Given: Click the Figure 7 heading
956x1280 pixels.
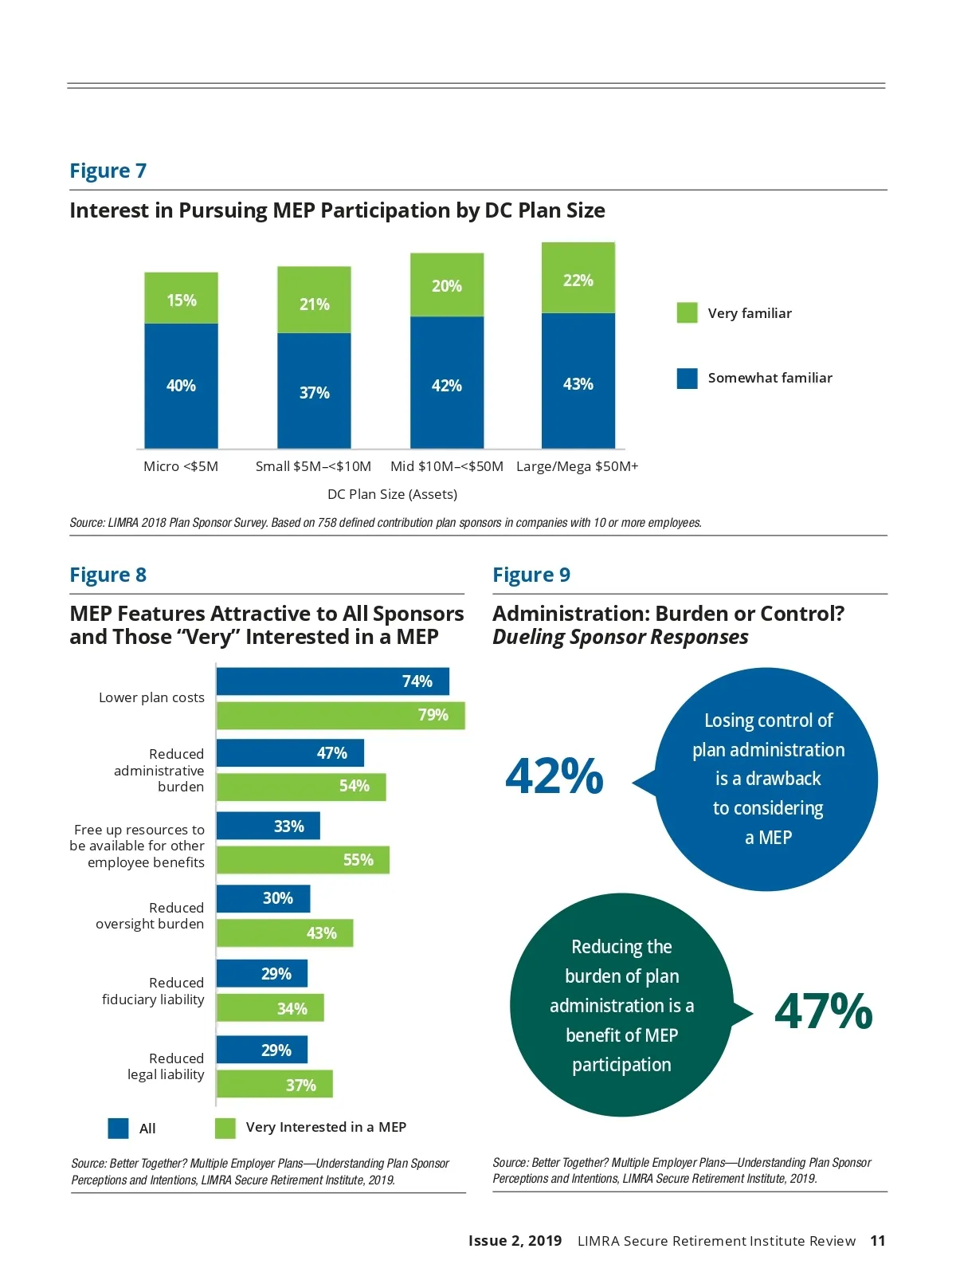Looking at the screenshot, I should (x=108, y=171).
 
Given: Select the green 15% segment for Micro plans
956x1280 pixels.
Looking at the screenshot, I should (x=181, y=298).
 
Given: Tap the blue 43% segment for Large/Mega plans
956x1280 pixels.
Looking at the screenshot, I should (x=578, y=381).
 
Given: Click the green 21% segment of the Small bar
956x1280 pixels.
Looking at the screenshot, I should (x=314, y=300).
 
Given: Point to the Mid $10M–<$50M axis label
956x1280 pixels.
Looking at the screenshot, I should (x=446, y=466).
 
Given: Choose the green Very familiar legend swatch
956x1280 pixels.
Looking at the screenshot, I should (x=687, y=313).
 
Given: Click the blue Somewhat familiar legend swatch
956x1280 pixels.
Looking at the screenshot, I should (x=687, y=379).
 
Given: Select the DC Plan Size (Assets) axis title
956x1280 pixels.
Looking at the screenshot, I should (x=392, y=494).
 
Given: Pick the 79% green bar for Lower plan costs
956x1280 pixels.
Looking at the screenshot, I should (x=340, y=716).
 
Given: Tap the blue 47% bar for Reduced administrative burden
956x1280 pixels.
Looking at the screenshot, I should (x=290, y=753).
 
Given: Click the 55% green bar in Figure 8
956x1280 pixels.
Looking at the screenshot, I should (x=303, y=860).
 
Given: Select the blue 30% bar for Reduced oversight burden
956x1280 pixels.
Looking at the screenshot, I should (x=263, y=898).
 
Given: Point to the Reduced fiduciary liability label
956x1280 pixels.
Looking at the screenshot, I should (x=153, y=991).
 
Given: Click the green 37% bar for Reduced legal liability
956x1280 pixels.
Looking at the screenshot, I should (x=274, y=1085).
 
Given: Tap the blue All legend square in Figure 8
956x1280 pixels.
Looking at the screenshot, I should (x=118, y=1129).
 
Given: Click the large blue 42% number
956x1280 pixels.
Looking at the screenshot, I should (x=554, y=776).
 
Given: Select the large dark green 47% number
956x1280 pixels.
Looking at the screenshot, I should (x=823, y=1011).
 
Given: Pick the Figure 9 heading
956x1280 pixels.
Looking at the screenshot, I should (x=531, y=575).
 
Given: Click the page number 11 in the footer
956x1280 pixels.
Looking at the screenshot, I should (x=877, y=1241).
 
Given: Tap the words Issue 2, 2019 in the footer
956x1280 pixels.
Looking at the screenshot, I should (x=515, y=1241).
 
